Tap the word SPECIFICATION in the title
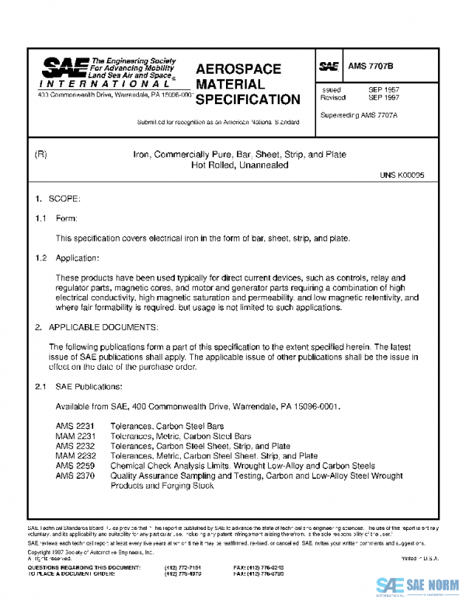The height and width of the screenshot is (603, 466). (x=247, y=99)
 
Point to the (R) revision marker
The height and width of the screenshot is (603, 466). (x=42, y=155)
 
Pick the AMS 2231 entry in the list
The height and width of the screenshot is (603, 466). (x=74, y=427)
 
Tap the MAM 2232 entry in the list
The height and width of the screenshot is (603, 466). (x=74, y=456)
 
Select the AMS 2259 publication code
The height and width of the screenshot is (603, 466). (x=74, y=466)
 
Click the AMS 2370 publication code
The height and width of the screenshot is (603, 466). (x=74, y=476)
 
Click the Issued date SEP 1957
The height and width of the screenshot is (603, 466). (x=384, y=90)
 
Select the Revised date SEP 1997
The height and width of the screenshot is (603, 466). (x=384, y=99)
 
